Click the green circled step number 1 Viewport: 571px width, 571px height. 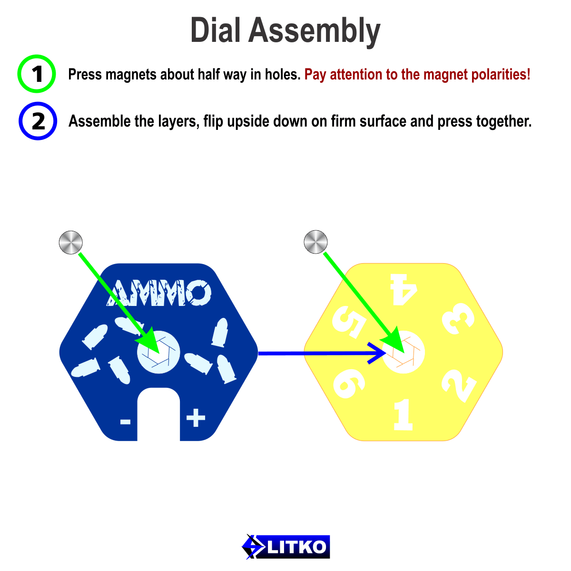(x=37, y=74)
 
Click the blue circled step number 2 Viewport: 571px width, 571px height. (x=38, y=121)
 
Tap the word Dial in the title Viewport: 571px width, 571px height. (x=216, y=30)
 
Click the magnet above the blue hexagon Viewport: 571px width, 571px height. (x=70, y=242)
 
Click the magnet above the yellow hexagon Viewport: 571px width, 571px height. (x=315, y=242)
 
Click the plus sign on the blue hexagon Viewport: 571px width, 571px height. (x=196, y=418)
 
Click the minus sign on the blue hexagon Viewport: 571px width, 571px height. (x=125, y=421)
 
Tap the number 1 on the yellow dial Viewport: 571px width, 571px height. (x=403, y=414)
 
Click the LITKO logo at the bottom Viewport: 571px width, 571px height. (x=285, y=547)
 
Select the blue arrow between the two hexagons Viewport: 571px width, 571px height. (x=319, y=354)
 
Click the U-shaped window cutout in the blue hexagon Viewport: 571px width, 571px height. (x=158, y=414)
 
